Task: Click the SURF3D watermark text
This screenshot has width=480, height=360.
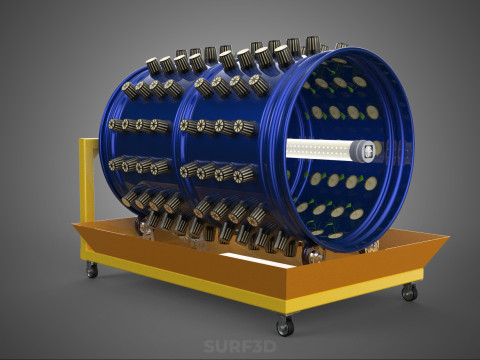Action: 240,346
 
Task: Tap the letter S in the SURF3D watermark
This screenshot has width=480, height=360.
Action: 209,346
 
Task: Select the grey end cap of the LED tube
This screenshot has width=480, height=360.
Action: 364,151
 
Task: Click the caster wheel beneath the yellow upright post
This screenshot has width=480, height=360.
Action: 92,270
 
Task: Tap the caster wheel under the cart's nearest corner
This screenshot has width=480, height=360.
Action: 285,326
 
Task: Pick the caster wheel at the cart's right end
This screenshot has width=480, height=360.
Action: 409,292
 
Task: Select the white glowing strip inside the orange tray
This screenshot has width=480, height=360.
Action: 257,259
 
